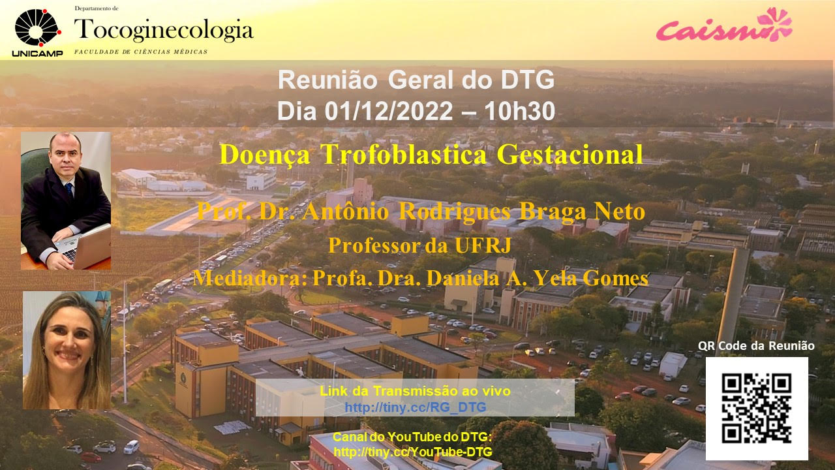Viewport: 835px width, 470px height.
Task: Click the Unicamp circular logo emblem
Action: coord(37,28)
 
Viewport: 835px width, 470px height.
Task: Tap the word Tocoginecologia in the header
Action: coord(164,30)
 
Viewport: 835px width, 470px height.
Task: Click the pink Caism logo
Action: coord(724,25)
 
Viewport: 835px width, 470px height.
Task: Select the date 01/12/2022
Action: coord(389,111)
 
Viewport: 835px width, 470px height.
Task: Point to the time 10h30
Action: coord(520,111)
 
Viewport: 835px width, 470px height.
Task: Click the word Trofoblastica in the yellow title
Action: coord(404,155)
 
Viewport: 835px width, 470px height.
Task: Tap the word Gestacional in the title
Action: coord(570,155)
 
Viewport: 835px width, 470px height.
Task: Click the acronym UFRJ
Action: coord(483,245)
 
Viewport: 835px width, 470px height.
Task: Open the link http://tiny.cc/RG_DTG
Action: coord(416,407)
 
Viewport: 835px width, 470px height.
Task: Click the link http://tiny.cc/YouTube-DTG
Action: coord(413,452)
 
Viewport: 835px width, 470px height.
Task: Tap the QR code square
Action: coord(757,409)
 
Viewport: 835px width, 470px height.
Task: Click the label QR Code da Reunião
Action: coord(756,346)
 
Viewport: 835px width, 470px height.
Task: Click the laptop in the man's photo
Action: coord(85,247)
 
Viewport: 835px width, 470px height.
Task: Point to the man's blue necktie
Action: coord(69,189)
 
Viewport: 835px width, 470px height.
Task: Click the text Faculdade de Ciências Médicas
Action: coord(141,52)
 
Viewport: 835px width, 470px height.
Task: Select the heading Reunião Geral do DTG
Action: coord(416,80)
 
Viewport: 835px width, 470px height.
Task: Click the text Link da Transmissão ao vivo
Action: coord(416,391)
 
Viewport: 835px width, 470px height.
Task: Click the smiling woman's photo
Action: coord(67,350)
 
